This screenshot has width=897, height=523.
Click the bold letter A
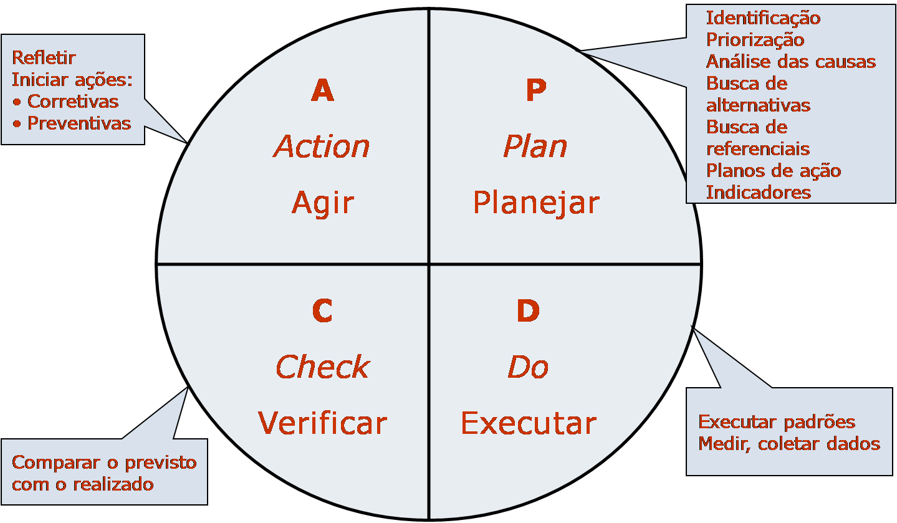(322, 91)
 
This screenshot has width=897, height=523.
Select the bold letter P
(535, 91)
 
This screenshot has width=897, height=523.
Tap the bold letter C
(322, 311)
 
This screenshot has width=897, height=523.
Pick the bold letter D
(528, 311)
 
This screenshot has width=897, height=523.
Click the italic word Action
(322, 147)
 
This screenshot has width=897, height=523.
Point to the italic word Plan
(535, 147)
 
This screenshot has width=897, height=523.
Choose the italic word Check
(322, 367)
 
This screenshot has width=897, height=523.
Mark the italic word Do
(528, 367)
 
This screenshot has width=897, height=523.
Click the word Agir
(322, 203)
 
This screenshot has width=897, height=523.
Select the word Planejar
(536, 203)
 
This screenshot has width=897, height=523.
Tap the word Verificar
(322, 423)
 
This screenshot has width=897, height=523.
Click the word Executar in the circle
(529, 423)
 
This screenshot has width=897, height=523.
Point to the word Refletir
(44, 58)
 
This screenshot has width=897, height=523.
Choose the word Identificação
(763, 18)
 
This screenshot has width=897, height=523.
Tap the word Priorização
(755, 40)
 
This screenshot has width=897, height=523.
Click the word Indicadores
(758, 192)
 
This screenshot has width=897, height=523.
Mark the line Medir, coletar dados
(789, 443)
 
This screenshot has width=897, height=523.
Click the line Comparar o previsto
(104, 463)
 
